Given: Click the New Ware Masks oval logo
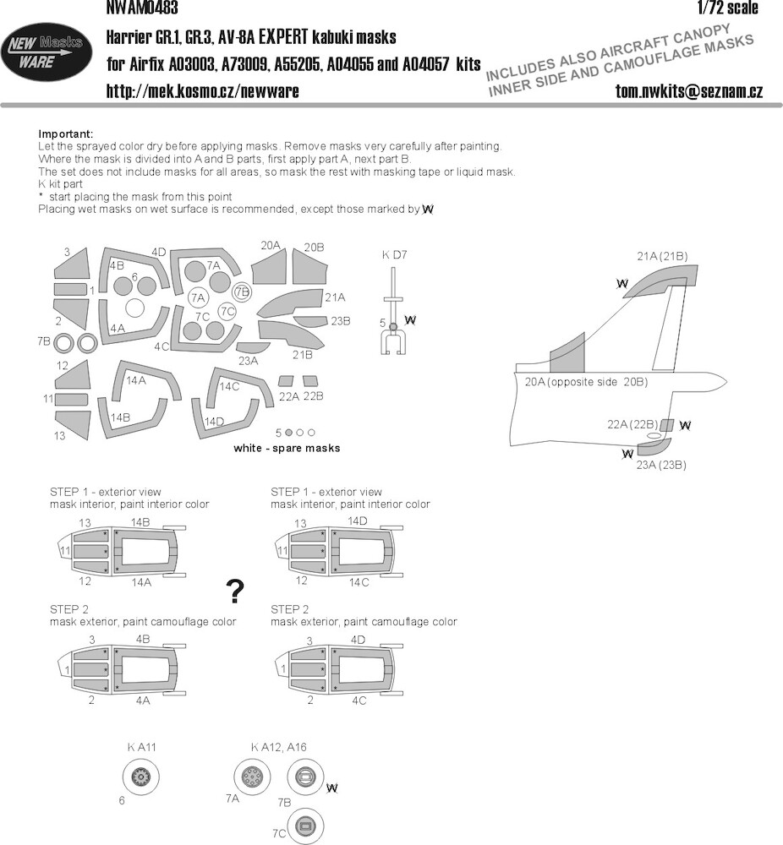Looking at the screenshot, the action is pyautogui.click(x=46, y=52).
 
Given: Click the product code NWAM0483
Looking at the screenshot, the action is pyautogui.click(x=142, y=8).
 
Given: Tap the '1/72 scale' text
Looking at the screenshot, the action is pyautogui.click(x=727, y=8).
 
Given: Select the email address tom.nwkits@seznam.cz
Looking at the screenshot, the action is pyautogui.click(x=689, y=91).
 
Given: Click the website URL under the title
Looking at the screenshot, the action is pyautogui.click(x=202, y=90).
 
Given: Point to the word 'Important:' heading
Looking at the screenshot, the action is pyautogui.click(x=66, y=134).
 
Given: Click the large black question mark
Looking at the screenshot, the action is pyautogui.click(x=235, y=591).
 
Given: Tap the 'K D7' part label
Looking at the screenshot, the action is pyautogui.click(x=394, y=255).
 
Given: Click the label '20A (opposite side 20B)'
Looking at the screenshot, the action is pyautogui.click(x=586, y=382).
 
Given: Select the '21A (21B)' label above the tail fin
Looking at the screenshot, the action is pyautogui.click(x=662, y=257).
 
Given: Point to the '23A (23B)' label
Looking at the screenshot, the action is pyautogui.click(x=661, y=465).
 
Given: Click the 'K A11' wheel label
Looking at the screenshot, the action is pyautogui.click(x=141, y=747).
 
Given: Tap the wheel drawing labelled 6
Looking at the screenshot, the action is pyautogui.click(x=141, y=777).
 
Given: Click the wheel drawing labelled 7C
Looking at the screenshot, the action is pyautogui.click(x=306, y=826).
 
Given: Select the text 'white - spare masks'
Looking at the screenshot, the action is pyautogui.click(x=287, y=448).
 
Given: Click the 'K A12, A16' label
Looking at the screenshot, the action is pyautogui.click(x=278, y=747).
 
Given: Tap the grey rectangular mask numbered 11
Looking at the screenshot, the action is pyautogui.click(x=71, y=400).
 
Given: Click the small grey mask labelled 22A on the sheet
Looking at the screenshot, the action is pyautogui.click(x=285, y=381).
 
